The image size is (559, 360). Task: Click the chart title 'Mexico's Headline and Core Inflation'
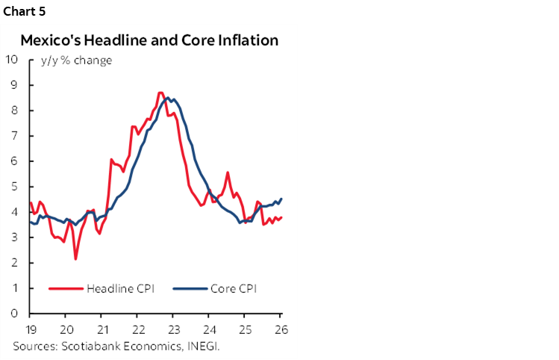coord(149,40)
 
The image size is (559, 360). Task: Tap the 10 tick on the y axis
coord(12,60)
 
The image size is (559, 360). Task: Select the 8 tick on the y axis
coord(15,111)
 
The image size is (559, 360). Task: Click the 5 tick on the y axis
coord(15,187)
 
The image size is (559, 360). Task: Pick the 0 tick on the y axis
coord(15,314)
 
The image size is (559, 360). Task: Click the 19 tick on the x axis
coord(30,329)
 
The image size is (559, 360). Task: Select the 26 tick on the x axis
coord(281,329)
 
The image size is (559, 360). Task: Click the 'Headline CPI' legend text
coord(120,288)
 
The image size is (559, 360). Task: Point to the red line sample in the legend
coord(66,288)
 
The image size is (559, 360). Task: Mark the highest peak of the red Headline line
coord(160,93)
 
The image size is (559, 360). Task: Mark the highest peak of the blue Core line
coord(169,98)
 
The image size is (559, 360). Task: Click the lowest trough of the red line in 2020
coord(76,258)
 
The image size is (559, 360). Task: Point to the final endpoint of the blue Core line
coord(281,199)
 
